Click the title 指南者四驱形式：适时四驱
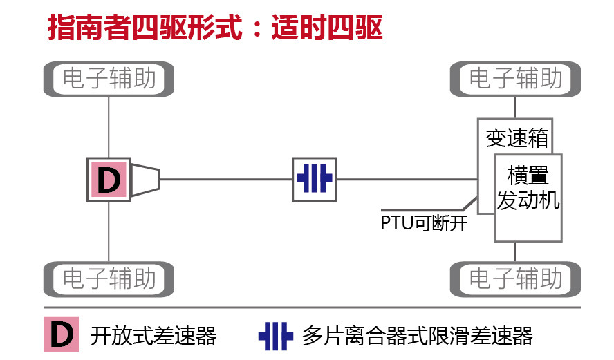(215, 28)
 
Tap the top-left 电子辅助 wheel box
(109, 79)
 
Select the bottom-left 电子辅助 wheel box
(109, 278)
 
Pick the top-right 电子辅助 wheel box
(516, 79)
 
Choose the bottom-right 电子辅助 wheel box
(516, 278)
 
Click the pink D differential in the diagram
(109, 180)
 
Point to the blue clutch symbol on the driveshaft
(315, 179)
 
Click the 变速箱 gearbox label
(516, 138)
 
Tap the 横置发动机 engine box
(528, 197)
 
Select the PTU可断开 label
(424, 224)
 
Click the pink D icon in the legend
(62, 335)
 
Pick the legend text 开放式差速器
(153, 336)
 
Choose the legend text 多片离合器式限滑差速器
(418, 336)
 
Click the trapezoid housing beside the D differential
(145, 180)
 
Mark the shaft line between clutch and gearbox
(407, 180)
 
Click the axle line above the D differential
(109, 127)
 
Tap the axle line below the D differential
(109, 231)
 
